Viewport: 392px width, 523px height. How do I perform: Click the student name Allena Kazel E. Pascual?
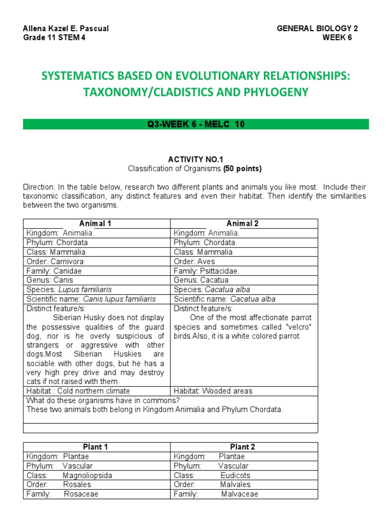tap(66, 29)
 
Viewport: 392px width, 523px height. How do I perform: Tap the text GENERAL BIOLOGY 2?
tap(317, 29)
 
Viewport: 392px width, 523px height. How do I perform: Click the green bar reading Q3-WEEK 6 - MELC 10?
tap(196, 124)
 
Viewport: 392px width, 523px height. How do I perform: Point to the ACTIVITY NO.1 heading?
tap(196, 159)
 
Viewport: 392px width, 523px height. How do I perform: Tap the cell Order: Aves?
tap(194, 261)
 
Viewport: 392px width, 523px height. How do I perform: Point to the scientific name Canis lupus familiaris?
tap(119, 299)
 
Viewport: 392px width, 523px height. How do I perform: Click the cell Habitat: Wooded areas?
tap(213, 391)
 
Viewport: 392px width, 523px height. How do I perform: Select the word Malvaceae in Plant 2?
tap(239, 494)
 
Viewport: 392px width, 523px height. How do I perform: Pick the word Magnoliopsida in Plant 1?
tap(87, 475)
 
